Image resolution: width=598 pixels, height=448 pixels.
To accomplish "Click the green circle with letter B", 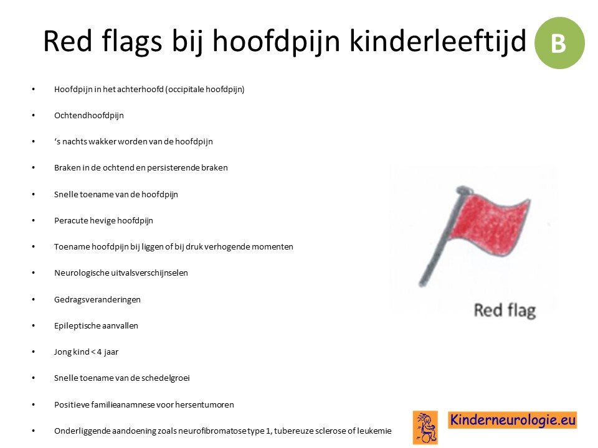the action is pos(559,43).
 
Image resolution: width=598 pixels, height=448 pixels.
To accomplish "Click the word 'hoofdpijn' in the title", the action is pos(276,42).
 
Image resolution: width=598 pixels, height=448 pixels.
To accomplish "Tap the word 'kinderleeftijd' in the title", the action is pos(438,41).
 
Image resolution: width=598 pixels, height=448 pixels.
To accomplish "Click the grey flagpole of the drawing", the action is pos(442,236).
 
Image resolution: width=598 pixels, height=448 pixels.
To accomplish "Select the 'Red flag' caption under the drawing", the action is pos(505,310).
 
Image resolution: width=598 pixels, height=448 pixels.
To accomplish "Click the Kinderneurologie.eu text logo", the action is pos(512,420).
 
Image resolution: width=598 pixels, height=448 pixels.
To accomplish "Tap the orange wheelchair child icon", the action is pos(425,427).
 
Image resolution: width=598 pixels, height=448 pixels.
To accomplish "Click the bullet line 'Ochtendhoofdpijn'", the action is pos(89,116).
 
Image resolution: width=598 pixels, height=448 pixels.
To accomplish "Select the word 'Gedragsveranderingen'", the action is pos(97,299).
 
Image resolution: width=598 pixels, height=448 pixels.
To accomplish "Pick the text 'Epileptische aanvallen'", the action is pos(96,325).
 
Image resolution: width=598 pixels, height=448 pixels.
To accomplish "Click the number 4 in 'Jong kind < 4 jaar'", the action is pos(99,352).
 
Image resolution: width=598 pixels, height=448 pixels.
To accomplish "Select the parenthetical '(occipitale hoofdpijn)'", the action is pos(205,90).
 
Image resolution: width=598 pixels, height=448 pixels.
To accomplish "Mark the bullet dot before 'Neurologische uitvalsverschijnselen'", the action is pos(34,273).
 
